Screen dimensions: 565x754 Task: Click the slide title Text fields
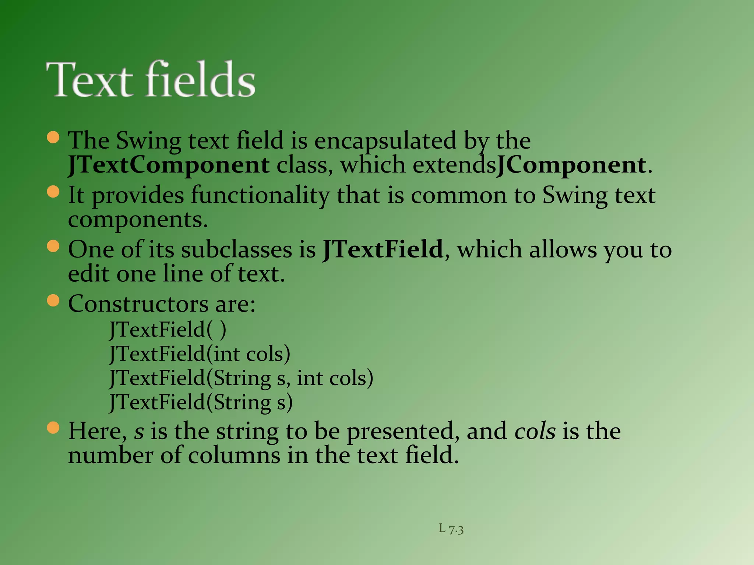pyautogui.click(x=151, y=79)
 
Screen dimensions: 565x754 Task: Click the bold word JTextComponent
pyautogui.click(x=169, y=166)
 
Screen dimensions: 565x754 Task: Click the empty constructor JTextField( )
pyautogui.click(x=168, y=330)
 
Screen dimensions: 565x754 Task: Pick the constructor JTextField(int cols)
pyautogui.click(x=200, y=354)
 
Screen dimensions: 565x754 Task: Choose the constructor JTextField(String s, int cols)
pyautogui.click(x=241, y=378)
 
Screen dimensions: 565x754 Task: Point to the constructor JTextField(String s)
pyautogui.click(x=201, y=402)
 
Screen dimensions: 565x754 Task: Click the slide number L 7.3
pyautogui.click(x=451, y=529)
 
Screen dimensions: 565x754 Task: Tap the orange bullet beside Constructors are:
pyautogui.click(x=53, y=301)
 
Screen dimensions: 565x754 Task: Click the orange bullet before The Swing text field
pyautogui.click(x=53, y=137)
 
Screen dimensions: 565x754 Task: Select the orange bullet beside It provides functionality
pyautogui.click(x=53, y=192)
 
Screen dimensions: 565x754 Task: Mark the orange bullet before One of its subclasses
pyautogui.click(x=53, y=246)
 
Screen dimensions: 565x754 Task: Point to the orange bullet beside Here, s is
pyautogui.click(x=53, y=428)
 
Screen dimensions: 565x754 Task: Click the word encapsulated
pyautogui.click(x=385, y=141)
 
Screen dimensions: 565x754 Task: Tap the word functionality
pyautogui.click(x=260, y=195)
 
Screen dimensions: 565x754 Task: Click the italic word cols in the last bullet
pyautogui.click(x=535, y=431)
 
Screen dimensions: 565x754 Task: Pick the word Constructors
pyautogui.click(x=138, y=304)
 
